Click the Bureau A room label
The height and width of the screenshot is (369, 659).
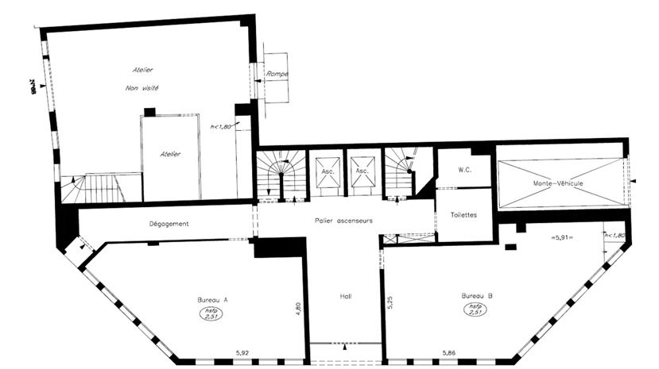pos(212,300)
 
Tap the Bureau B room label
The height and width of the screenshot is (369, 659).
pos(477,296)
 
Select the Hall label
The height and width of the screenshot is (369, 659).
pos(344,297)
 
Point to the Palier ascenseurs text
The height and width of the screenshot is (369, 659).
pos(344,220)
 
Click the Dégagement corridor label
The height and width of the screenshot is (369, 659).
pos(169,224)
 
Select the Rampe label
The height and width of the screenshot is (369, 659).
pos(277,74)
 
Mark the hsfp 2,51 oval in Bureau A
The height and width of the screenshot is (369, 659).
pos(211,314)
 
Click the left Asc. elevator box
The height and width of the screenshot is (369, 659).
pos(326,171)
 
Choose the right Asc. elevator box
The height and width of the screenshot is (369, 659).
pos(362,171)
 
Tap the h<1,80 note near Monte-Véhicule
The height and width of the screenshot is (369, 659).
pos(614,236)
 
